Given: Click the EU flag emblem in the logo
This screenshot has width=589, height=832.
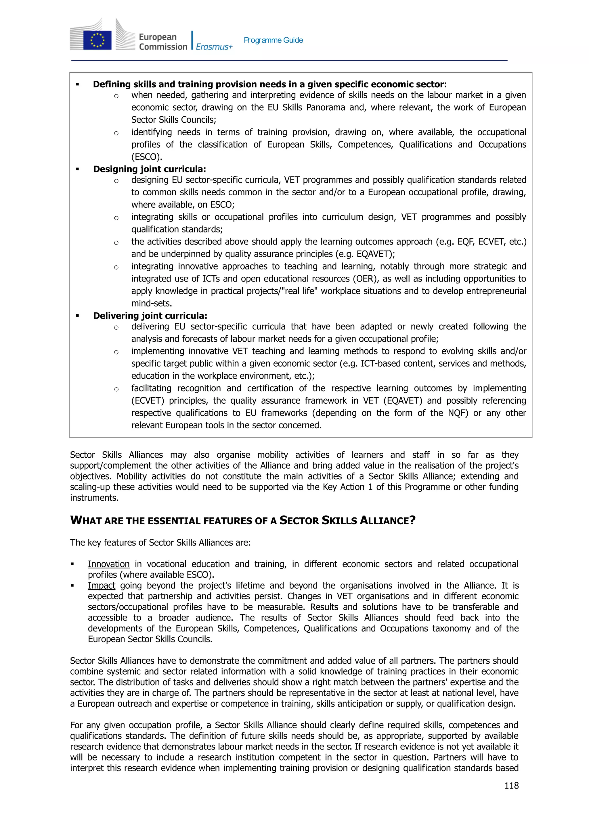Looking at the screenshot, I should (x=97, y=40).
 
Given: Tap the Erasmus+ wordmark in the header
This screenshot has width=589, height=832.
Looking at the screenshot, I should (x=214, y=47).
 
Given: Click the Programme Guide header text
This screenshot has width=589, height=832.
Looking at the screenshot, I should (x=273, y=40).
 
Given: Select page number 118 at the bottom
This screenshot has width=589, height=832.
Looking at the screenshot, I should (x=511, y=785).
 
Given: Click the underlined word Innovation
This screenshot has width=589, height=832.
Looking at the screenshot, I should (x=108, y=564).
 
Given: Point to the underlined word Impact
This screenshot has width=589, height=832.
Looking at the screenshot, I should (x=101, y=585).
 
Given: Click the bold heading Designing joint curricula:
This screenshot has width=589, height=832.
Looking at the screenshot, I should (x=150, y=169).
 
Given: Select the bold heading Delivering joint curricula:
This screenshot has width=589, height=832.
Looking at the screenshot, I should (x=150, y=316).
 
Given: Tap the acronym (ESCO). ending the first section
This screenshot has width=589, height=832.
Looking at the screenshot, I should (x=146, y=157).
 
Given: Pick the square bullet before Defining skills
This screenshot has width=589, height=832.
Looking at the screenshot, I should (x=77, y=85).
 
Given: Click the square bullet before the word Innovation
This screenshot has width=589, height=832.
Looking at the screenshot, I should (x=72, y=564).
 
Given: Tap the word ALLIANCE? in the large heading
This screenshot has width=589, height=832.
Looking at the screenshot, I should (x=387, y=521).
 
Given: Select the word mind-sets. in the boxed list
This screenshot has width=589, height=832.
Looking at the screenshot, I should (x=152, y=303).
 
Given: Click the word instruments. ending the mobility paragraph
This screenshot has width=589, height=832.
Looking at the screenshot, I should (x=94, y=498).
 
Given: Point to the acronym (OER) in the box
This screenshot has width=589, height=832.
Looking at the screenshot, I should (x=366, y=279).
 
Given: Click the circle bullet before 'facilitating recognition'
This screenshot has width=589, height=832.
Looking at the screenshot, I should (x=116, y=389).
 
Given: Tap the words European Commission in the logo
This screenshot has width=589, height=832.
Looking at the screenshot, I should (x=163, y=42).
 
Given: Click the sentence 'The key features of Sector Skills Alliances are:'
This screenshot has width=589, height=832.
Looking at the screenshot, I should (x=160, y=542).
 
